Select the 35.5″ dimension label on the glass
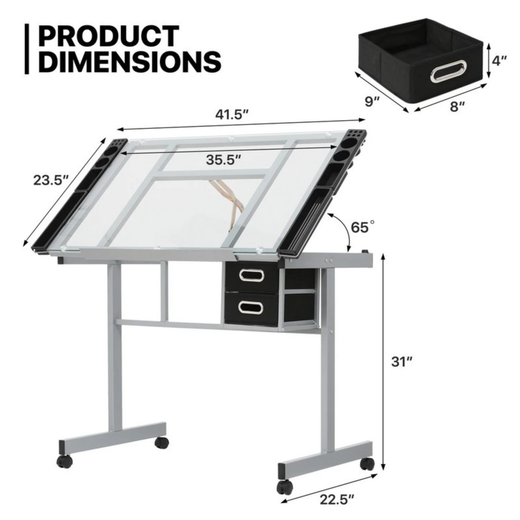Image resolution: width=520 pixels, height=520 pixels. tap(224, 160)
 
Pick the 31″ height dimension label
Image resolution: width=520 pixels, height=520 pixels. tap(402, 362)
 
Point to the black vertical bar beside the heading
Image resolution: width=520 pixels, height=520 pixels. tap(27, 49)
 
